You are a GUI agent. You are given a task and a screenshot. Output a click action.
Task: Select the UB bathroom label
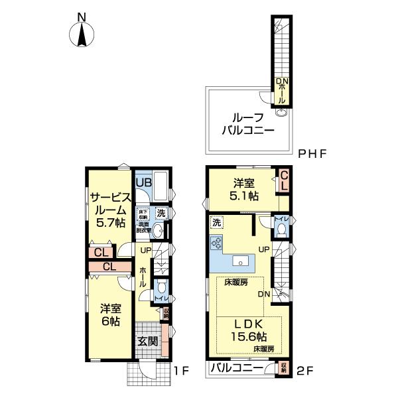tap(144, 181)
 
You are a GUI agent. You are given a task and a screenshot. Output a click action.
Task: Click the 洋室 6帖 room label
tap(110, 314)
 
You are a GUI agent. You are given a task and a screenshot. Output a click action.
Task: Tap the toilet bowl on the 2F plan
tap(281, 230)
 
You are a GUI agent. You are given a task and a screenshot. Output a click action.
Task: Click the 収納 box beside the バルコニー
tap(283, 367)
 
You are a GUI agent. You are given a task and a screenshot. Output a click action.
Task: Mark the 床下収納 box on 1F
tap(143, 214)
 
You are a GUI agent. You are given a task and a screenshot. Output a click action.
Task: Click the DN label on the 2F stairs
tap(263, 294)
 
